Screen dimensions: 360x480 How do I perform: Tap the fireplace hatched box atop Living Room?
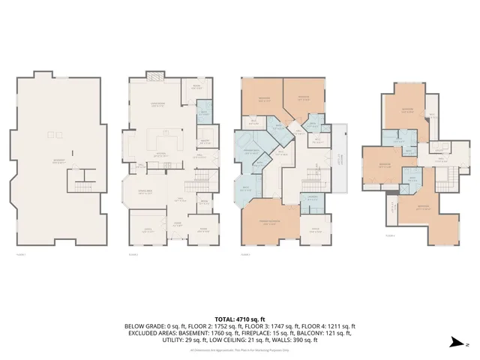pyautogui.click(x=154, y=76)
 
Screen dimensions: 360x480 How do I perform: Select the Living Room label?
pyautogui.click(x=158, y=106)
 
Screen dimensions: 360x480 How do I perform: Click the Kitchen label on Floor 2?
pyautogui.click(x=160, y=153)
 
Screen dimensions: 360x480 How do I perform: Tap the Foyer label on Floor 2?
pyautogui.click(x=178, y=223)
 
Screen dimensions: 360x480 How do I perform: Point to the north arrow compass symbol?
pyautogui.click(x=454, y=343)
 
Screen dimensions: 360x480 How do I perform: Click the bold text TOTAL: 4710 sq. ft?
pyautogui.click(x=239, y=319)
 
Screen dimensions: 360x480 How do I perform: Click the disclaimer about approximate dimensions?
pyautogui.click(x=239, y=350)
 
